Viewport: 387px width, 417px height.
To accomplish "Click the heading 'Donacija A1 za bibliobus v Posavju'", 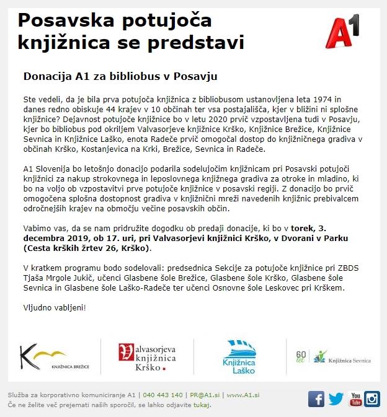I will coord(112,76).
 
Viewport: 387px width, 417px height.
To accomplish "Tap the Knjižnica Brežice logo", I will coord(55,358).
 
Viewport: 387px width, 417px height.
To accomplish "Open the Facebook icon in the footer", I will coord(316,398).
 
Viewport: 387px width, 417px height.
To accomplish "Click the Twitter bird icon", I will coord(336,398).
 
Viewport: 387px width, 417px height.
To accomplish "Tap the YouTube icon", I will coord(355,398).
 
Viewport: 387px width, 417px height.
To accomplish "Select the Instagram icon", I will coord(373,398).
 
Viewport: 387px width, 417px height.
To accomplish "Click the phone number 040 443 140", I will coord(162,395).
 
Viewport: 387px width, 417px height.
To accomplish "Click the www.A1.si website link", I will coord(242,395).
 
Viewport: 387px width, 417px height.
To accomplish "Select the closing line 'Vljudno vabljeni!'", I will coord(54,307).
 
